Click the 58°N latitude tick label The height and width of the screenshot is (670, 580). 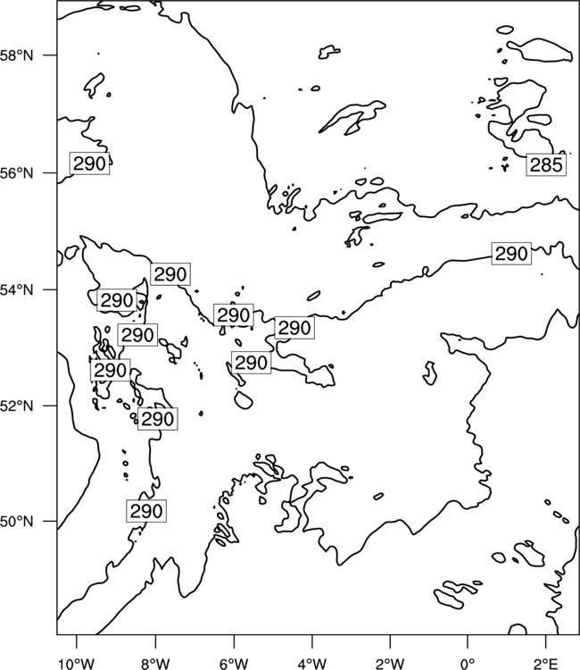(x=16, y=56)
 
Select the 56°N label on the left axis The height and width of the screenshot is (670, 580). (x=16, y=173)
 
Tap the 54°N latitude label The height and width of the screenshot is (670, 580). (x=16, y=290)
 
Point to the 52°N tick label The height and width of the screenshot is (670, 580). (x=16, y=406)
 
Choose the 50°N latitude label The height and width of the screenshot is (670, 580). (x=16, y=522)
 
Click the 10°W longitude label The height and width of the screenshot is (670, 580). (x=77, y=664)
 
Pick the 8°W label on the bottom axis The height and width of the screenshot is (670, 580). (x=155, y=664)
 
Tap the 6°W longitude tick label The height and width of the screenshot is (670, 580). (x=234, y=664)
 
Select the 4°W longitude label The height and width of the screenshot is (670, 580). (x=312, y=664)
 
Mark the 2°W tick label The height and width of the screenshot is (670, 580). (x=390, y=664)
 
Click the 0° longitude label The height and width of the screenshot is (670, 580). (x=468, y=664)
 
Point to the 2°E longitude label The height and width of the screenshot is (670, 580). (x=546, y=664)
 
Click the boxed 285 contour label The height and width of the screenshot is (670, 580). (x=546, y=165)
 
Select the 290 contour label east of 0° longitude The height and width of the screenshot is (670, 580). (x=511, y=254)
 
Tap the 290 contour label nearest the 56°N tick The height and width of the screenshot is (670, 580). (x=89, y=163)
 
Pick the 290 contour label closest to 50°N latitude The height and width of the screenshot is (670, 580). (x=146, y=511)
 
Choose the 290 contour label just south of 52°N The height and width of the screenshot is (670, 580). (x=157, y=419)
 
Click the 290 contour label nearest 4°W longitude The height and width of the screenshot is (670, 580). (x=294, y=328)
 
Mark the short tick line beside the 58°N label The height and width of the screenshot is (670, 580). (x=50, y=55)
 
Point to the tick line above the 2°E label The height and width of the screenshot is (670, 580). (x=546, y=641)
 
